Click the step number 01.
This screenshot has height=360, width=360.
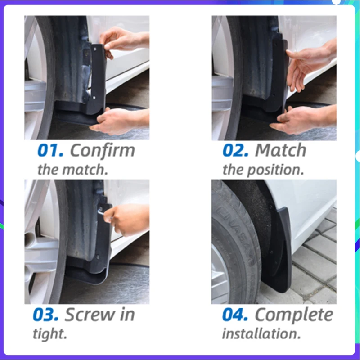51,151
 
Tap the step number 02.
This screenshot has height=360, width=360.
235,151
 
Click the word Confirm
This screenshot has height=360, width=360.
102,151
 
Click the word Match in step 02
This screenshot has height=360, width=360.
280,151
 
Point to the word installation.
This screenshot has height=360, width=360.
261,334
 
